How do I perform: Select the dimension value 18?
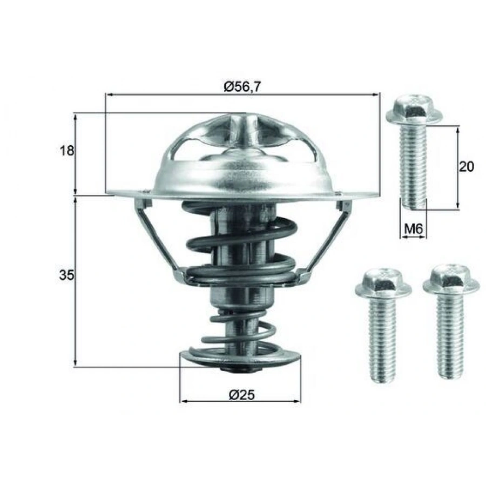[66, 151]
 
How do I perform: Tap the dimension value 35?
[66, 275]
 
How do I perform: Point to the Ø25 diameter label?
[241, 395]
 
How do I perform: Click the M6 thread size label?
[413, 230]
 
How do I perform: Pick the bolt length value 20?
[466, 166]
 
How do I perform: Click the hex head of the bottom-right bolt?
[451, 279]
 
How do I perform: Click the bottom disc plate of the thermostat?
[240, 358]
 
